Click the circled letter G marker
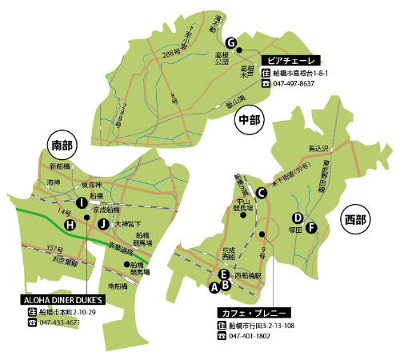pos(231,42)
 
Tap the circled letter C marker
pos(261,191)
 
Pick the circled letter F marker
pos(312,227)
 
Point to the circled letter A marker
pos(214,285)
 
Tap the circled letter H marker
pos(70,225)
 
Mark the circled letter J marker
pos(102,223)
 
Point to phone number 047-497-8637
pos(294,83)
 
